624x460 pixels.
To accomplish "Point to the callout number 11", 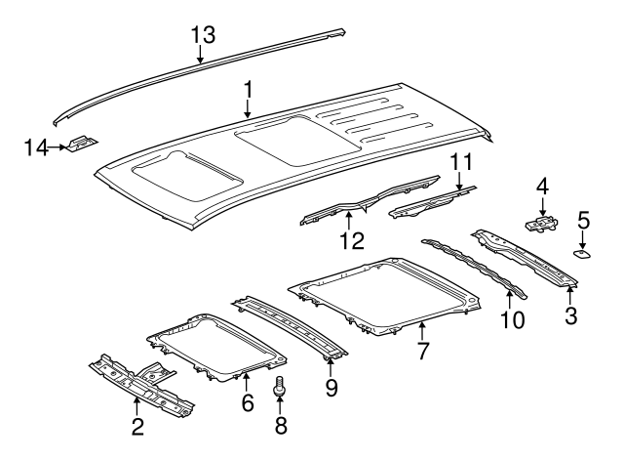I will coord(459,162).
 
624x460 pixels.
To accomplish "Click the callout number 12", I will coord(347,238).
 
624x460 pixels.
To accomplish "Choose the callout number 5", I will coord(582,221).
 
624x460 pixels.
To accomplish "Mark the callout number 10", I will coord(510,319).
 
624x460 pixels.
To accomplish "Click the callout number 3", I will coord(570,314).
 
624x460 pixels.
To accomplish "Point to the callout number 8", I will coord(281,425).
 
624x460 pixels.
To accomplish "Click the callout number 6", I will coord(247,401).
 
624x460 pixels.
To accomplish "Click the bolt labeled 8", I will coord(281,388).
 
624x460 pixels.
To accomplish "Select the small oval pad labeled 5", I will coord(582,254).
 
